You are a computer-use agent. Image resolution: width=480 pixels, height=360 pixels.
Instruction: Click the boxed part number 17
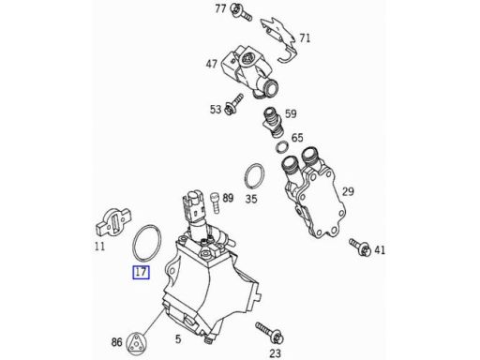point(141,272)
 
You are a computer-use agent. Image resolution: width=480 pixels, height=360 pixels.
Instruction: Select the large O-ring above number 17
point(134,243)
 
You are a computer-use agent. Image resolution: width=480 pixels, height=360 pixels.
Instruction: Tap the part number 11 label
point(99,247)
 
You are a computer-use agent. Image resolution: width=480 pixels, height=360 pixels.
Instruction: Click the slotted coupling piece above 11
point(112,222)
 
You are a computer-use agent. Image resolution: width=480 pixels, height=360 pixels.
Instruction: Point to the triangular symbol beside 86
point(136,343)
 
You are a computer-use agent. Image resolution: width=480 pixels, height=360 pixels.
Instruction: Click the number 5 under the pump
point(178,338)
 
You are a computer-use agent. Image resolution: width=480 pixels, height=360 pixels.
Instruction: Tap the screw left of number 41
point(360,247)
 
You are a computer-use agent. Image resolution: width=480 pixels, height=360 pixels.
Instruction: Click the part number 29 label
point(348,191)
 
